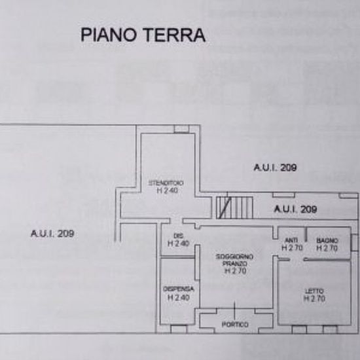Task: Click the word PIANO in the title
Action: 109,35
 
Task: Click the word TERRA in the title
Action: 175,35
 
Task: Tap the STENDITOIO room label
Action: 166,183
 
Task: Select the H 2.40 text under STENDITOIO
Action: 168,190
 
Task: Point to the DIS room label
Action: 178,236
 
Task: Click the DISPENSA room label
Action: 179,289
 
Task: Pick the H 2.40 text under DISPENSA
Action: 179,298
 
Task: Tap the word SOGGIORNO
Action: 234,257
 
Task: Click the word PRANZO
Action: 234,264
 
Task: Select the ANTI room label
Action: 291,240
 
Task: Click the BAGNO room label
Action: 327,241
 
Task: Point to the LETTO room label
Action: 314,291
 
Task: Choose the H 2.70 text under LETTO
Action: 314,298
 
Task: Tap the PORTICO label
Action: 235,325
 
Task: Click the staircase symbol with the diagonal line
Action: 234,207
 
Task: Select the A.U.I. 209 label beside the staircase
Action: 295,209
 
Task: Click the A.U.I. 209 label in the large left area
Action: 52,234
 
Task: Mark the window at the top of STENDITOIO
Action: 181,129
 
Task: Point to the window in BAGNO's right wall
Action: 355,242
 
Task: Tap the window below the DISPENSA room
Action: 179,329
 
